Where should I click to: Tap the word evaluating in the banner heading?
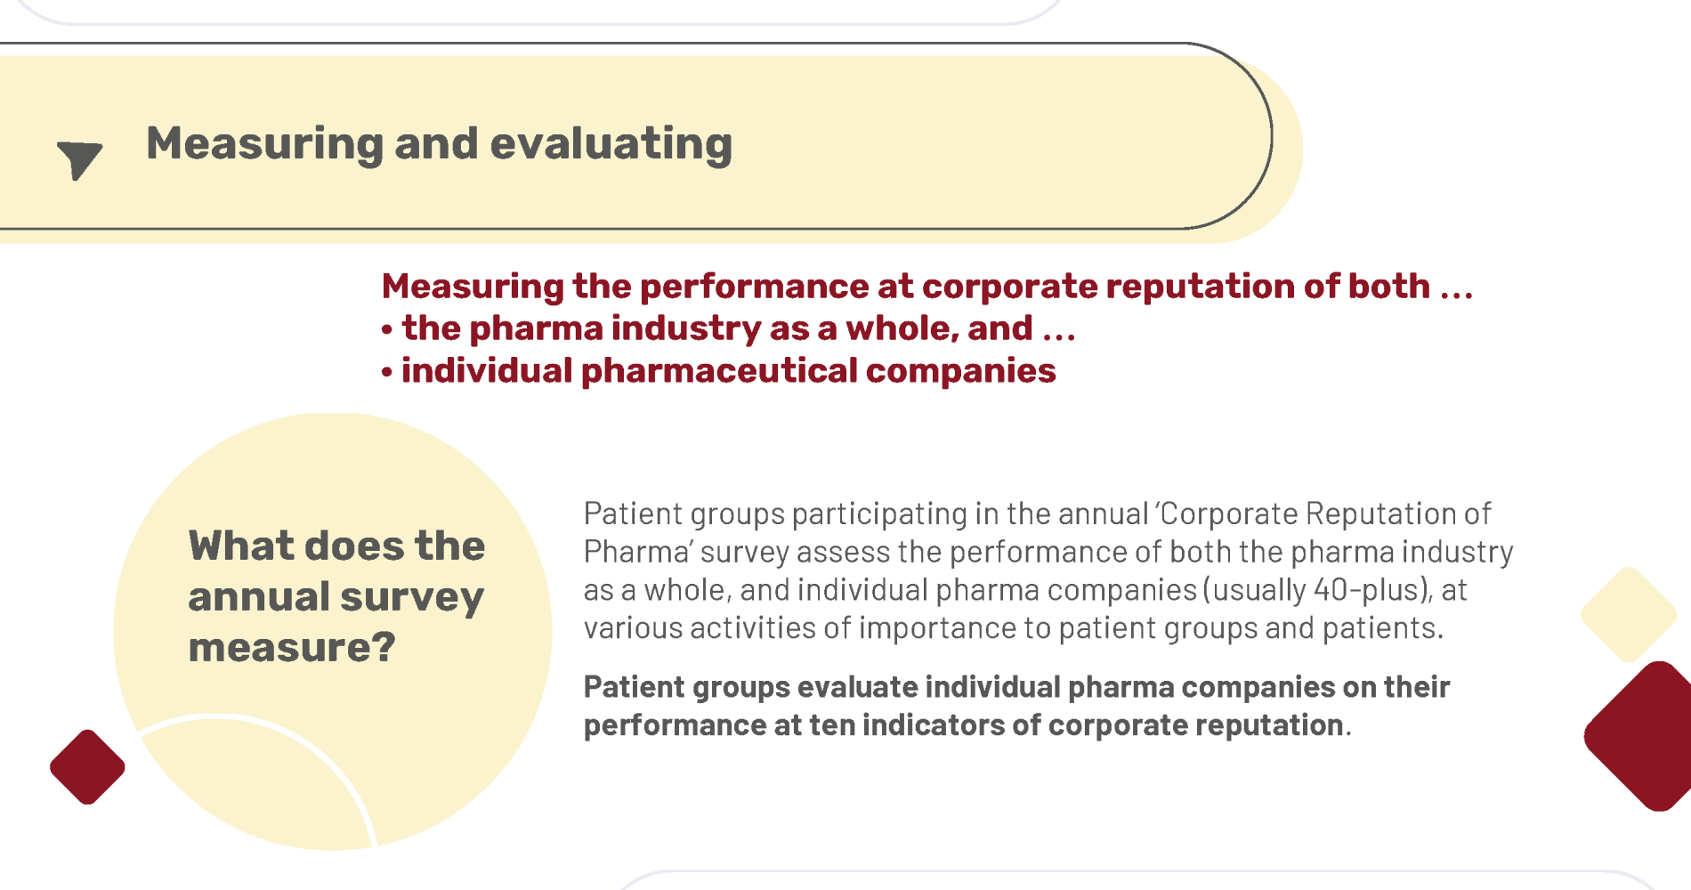[611, 144]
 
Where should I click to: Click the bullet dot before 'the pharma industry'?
[387, 330]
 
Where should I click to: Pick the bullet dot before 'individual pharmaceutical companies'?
[387, 372]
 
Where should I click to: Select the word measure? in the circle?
[292, 647]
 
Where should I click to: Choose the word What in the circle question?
[240, 546]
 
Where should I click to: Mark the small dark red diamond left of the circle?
[87, 767]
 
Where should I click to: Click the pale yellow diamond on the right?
[1629, 615]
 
